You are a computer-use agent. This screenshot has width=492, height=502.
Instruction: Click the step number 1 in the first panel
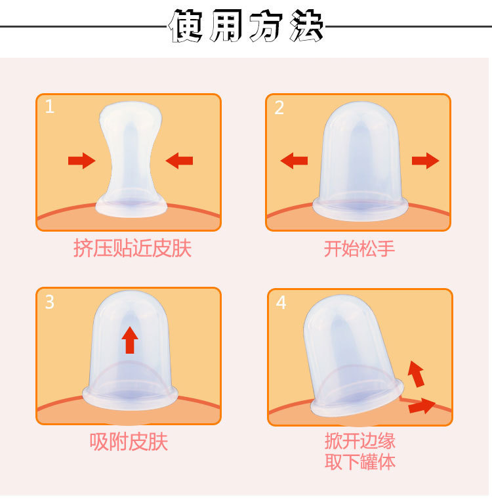(50, 106)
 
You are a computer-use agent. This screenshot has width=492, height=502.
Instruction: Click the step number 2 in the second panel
(279, 107)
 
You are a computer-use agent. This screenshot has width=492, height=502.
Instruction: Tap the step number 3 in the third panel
(50, 302)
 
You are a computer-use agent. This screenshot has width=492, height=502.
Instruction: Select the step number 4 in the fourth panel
(281, 303)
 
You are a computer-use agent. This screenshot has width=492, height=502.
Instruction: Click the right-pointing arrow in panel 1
(81, 160)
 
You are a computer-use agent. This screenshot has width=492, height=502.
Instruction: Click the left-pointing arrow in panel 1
(179, 160)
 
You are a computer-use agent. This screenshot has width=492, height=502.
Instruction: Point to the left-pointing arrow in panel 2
(294, 160)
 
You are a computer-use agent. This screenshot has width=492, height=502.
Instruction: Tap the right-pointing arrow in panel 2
(425, 160)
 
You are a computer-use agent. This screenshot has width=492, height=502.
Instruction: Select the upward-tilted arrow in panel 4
(416, 373)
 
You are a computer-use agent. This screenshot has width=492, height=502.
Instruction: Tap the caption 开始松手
(359, 249)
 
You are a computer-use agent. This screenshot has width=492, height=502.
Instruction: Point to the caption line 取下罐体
(360, 461)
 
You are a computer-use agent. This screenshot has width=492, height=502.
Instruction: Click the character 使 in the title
(188, 28)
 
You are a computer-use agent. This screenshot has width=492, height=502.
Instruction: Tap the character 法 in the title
(304, 28)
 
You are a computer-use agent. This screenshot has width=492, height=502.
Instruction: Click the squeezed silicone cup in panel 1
(131, 157)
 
